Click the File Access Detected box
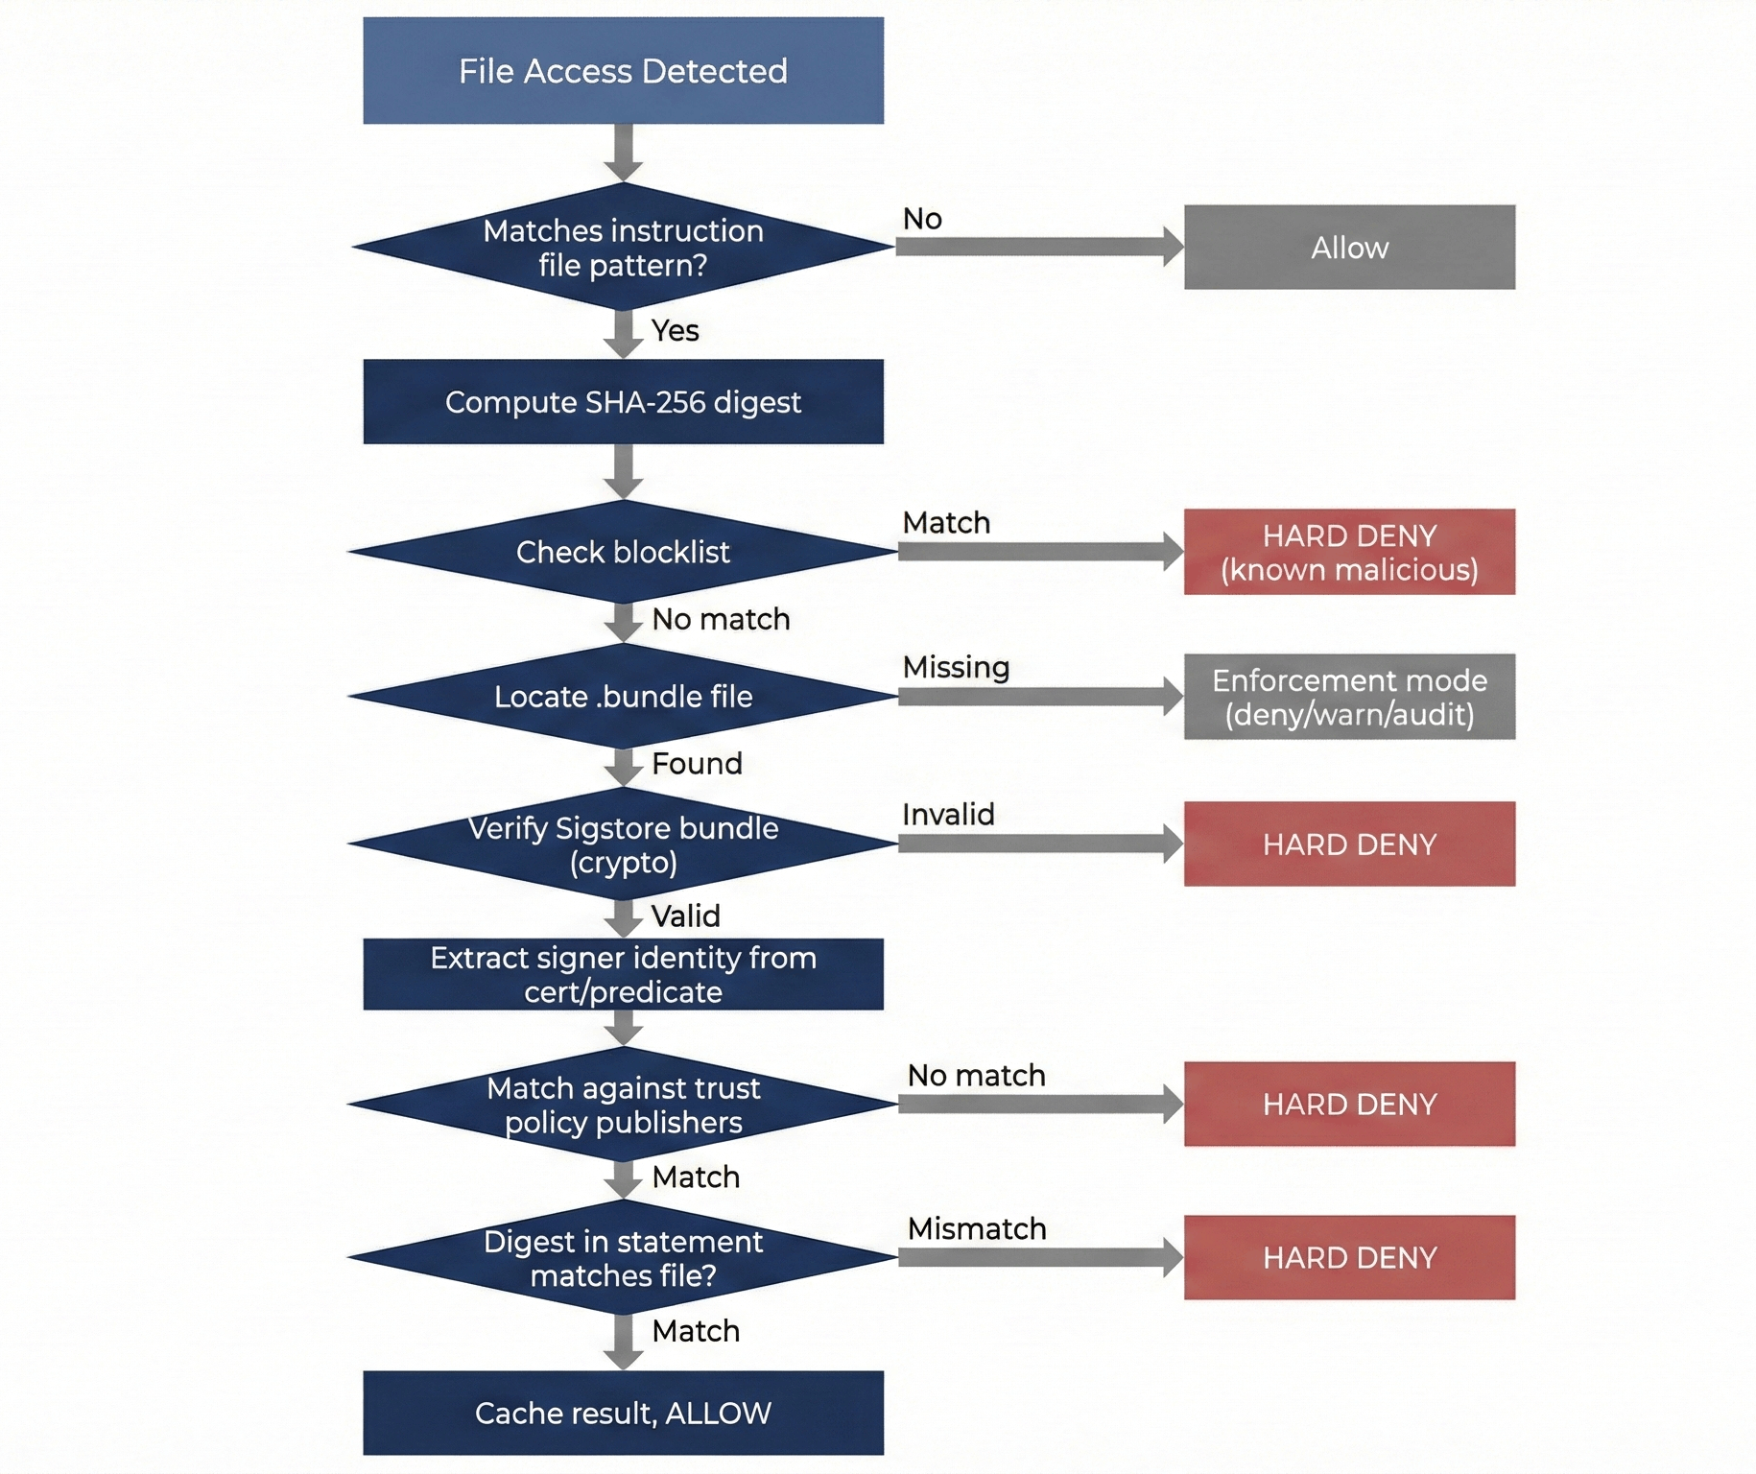point(623,70)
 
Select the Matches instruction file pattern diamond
point(623,247)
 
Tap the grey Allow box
point(1348,247)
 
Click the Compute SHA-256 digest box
point(623,401)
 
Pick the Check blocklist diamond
point(623,552)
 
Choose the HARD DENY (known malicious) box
point(1348,552)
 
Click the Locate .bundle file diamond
point(623,696)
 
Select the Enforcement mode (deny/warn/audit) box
point(1348,697)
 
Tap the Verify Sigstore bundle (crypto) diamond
point(623,844)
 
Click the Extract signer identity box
point(623,974)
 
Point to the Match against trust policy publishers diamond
point(623,1105)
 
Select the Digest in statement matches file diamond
point(623,1258)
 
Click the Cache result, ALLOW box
point(623,1413)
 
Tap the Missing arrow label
point(956,667)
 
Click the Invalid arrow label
point(948,815)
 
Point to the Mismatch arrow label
point(977,1228)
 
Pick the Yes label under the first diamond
point(675,330)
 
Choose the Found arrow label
point(697,763)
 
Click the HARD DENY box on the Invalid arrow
point(1348,844)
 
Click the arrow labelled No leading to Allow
point(1036,247)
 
